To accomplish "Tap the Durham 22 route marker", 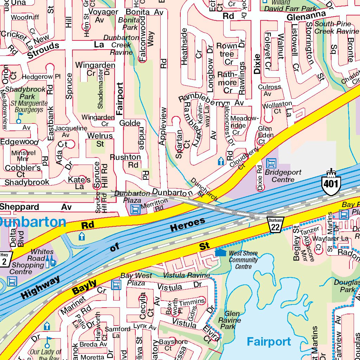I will pos(275,225).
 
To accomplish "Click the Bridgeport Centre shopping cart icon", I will pos(271,163).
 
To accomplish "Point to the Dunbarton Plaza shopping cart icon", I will pos(135,210).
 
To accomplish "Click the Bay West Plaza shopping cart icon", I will pos(116,285).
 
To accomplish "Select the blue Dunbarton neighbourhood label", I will pos(32,222).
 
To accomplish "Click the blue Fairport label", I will pos(269,341).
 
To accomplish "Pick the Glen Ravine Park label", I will pos(230,320).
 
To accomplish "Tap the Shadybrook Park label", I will pos(25,93).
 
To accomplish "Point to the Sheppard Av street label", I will pos(36,207).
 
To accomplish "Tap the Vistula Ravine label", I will pos(186,275).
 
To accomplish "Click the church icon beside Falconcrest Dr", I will pos(221,161).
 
